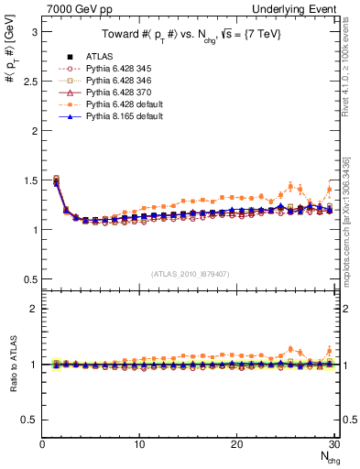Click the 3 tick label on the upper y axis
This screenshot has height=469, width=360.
click(34, 31)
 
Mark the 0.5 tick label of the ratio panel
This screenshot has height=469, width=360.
click(28, 420)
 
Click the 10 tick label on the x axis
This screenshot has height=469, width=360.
click(139, 444)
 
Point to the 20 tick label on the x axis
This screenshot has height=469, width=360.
click(236, 444)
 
